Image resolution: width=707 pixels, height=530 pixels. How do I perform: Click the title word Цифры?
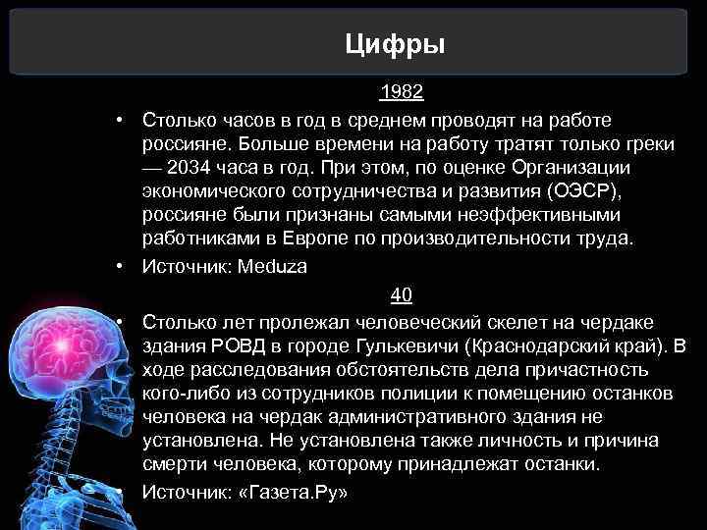point(396,44)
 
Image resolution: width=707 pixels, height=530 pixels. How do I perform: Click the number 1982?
point(402,93)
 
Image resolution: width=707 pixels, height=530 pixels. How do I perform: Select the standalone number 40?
point(402,294)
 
